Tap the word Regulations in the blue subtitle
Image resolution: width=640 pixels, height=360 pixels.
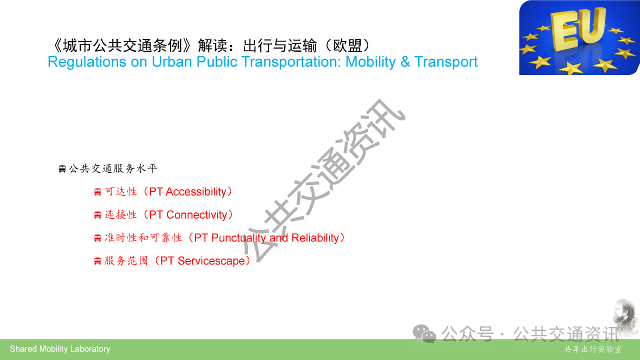pyautogui.click(x=87, y=62)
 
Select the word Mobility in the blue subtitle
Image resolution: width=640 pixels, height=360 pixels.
pyautogui.click(x=370, y=62)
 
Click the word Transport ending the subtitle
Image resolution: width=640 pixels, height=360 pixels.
pyautogui.click(x=446, y=62)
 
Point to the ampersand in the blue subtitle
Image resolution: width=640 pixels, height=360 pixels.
pyautogui.click(x=405, y=61)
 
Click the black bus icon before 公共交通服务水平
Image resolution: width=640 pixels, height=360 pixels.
pyautogui.click(x=62, y=169)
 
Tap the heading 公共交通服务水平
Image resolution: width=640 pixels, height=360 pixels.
pyautogui.click(x=113, y=168)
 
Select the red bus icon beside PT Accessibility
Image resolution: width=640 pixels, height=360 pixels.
pyautogui.click(x=97, y=192)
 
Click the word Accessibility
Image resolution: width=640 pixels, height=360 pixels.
pyautogui.click(x=196, y=191)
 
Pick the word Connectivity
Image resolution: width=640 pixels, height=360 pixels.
pyautogui.click(x=197, y=215)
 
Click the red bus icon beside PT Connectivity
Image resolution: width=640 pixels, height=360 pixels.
pyautogui.click(x=97, y=215)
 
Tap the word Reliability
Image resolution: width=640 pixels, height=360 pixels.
pyautogui.click(x=315, y=237)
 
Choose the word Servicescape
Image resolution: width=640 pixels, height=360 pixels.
pyautogui.click(x=211, y=261)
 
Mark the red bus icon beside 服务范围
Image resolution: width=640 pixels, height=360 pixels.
pyautogui.click(x=97, y=261)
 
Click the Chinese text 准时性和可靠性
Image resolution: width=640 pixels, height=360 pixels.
pyautogui.click(x=143, y=237)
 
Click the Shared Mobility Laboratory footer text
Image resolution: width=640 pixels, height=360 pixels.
pyautogui.click(x=60, y=349)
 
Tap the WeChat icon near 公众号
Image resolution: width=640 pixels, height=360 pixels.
pyautogui.click(x=424, y=333)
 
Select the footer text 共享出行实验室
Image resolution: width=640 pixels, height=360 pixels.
pyautogui.click(x=593, y=349)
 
